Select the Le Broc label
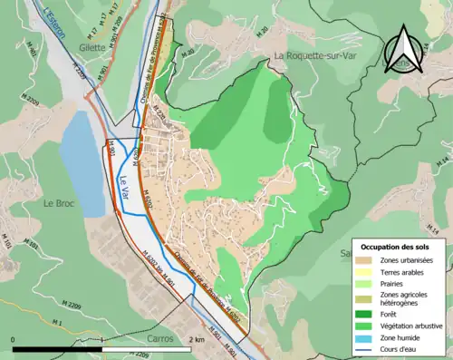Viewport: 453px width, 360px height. [x=58, y=204]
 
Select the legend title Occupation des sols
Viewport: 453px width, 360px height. [x=397, y=247]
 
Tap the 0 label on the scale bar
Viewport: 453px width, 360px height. [x=13, y=339]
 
